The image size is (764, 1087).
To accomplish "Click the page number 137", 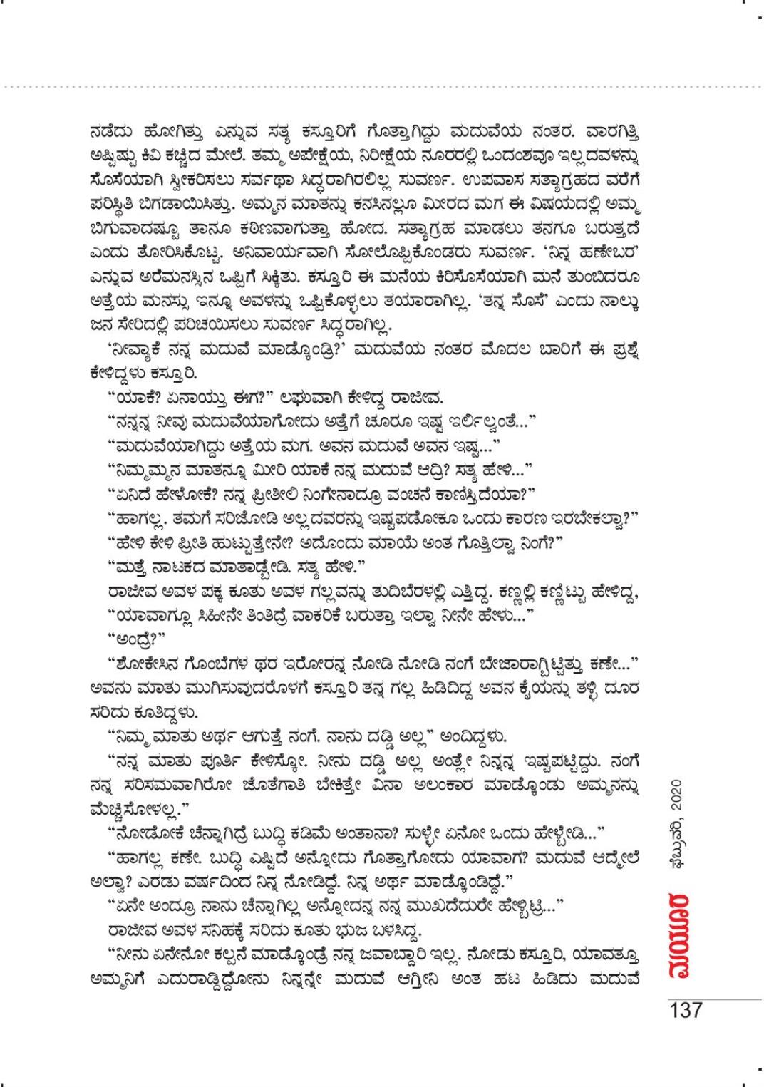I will point(686,1009).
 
